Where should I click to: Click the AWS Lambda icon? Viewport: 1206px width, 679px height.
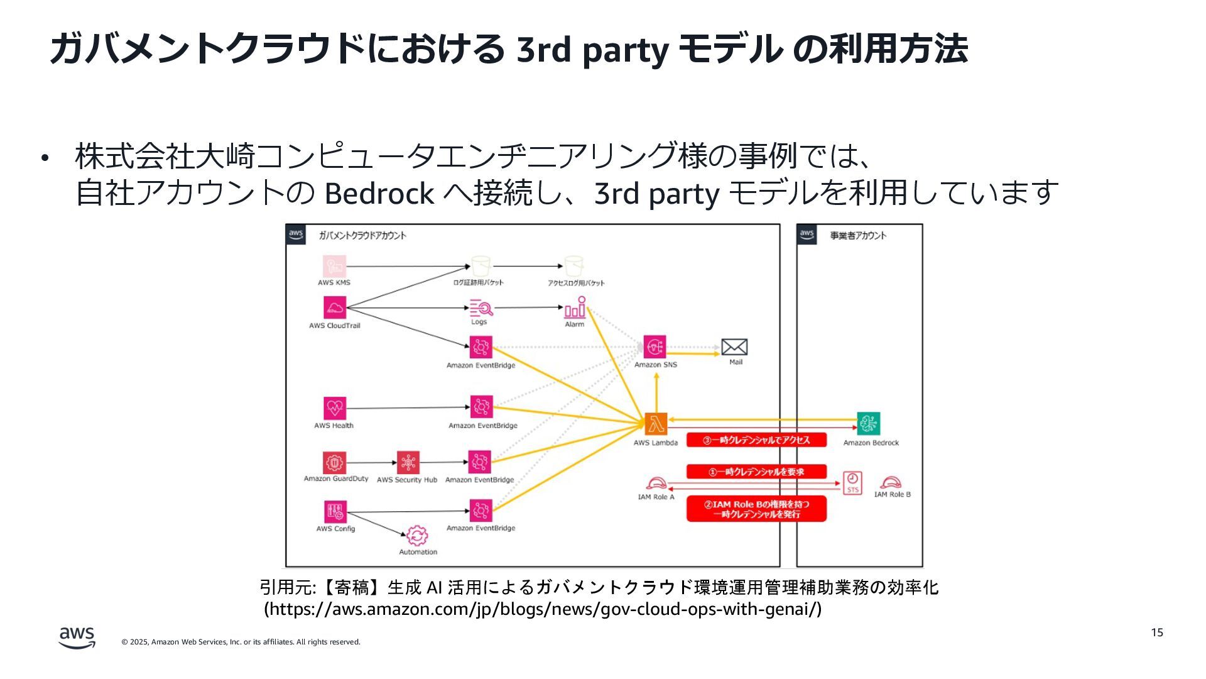[655, 424]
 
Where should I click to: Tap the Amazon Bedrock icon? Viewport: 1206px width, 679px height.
[869, 424]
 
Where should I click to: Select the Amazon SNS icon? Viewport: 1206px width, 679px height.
[655, 346]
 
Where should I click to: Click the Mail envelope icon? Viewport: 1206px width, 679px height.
[734, 347]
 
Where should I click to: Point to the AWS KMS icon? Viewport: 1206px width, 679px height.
[334, 267]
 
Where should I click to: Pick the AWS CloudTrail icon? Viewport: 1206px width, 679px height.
[335, 307]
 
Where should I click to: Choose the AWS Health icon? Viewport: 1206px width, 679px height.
[335, 408]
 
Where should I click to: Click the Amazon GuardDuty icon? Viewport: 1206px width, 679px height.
[335, 463]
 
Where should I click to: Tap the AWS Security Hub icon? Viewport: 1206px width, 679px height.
[408, 463]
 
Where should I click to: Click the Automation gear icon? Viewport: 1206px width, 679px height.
[417, 536]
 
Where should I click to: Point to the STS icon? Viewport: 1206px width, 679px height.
[852, 483]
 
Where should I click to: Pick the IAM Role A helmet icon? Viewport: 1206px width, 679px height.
[656, 483]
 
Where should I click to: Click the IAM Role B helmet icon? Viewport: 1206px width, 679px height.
[891, 482]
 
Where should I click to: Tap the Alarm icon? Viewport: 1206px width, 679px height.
[575, 308]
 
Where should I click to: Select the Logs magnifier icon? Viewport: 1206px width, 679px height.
[481, 308]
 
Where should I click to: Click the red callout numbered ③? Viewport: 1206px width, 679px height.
[756, 440]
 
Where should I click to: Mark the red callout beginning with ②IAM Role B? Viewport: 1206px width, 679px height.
[756, 509]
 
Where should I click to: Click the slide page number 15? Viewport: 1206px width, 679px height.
[1157, 632]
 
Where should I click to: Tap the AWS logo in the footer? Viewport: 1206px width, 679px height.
[77, 637]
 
